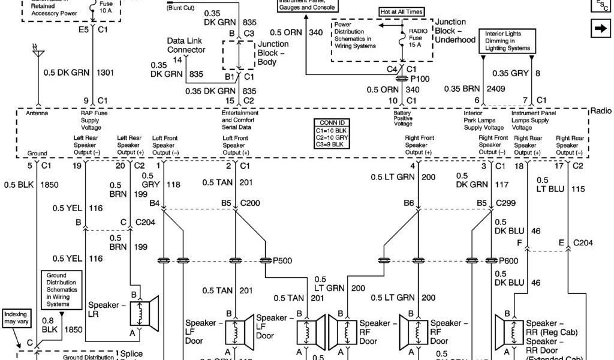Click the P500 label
point(283,261)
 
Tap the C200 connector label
point(250,205)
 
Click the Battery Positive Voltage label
point(402,119)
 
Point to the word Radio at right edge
point(601,111)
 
